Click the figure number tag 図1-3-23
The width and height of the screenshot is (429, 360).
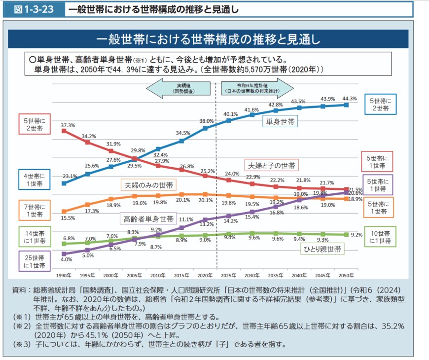[34, 9]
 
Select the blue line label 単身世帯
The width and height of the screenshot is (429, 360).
[280, 122]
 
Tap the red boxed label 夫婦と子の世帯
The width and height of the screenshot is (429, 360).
[272, 165]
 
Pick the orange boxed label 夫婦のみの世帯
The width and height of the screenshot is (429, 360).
[148, 185]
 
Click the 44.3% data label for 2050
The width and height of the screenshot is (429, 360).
[349, 98]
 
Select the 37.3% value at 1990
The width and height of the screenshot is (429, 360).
[68, 125]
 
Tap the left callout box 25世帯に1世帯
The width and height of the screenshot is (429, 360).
[35, 261]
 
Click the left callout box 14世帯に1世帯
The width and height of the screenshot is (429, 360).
[35, 237]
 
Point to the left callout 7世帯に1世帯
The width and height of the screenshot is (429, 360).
[35, 211]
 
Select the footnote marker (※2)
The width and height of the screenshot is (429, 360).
[22, 326]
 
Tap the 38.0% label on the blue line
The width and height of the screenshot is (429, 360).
[206, 121]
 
